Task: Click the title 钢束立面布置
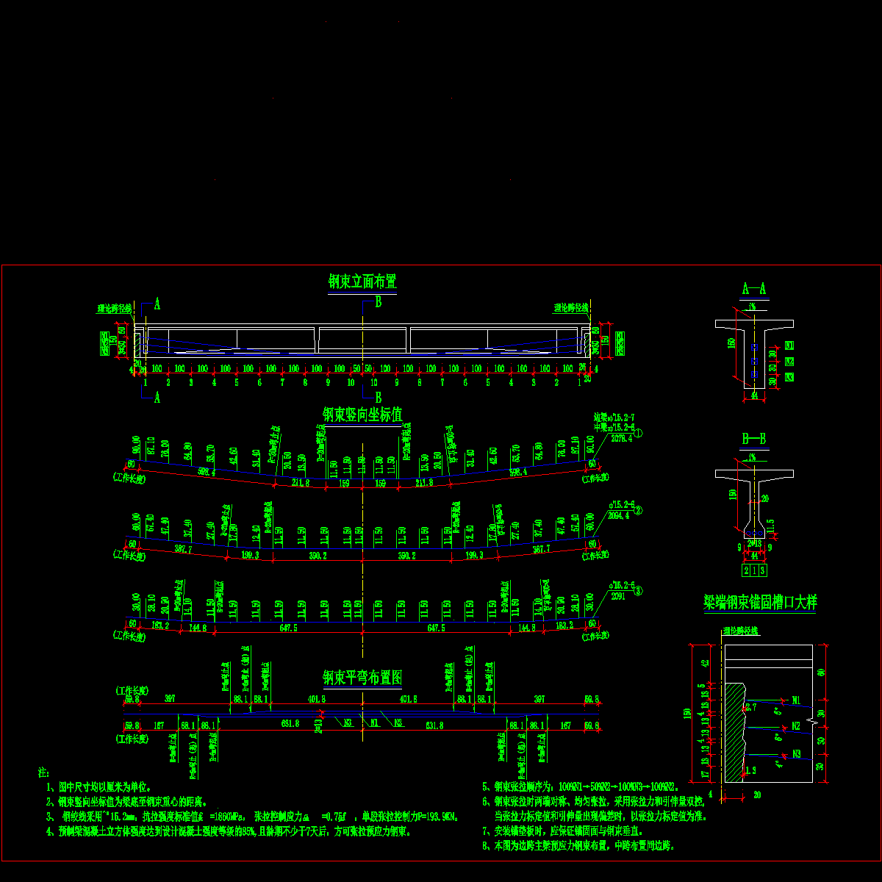(362, 282)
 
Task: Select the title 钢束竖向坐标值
(362, 415)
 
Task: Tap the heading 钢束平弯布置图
(362, 677)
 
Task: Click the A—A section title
(754, 289)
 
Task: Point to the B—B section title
(754, 440)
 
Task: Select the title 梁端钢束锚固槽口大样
(759, 603)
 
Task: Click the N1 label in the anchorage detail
(796, 700)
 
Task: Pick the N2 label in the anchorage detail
(796, 726)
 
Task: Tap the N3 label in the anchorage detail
(796, 753)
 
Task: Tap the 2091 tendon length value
(618, 597)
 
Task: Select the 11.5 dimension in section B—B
(770, 523)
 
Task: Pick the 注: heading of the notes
(43, 772)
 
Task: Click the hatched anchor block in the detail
(734, 735)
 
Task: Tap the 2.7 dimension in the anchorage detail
(750, 707)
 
